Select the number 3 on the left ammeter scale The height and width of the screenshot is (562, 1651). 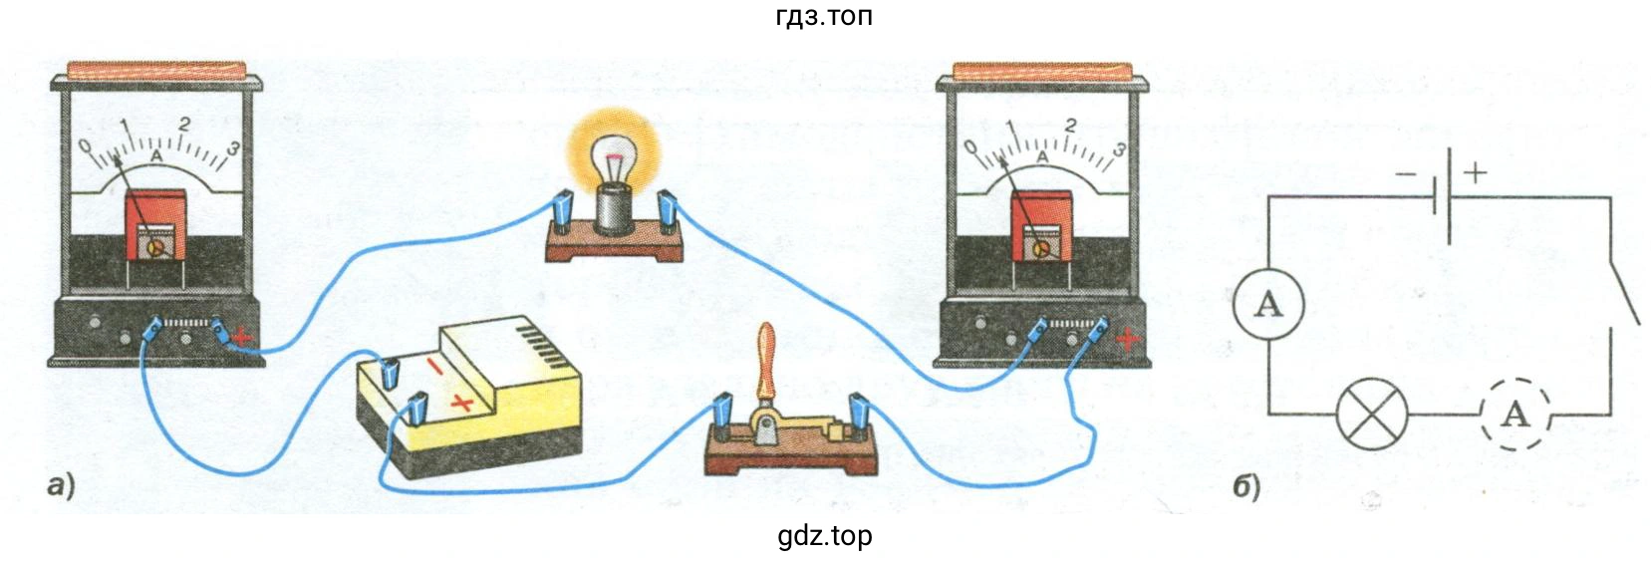(233, 148)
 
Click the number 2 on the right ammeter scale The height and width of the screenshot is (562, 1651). (1070, 126)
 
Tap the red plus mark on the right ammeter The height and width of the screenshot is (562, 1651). (1128, 341)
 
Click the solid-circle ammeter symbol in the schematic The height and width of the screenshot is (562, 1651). (1268, 304)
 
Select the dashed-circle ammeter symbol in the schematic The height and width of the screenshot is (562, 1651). (1514, 413)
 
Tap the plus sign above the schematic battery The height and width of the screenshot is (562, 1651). (1475, 172)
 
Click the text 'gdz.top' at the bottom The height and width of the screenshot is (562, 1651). (824, 536)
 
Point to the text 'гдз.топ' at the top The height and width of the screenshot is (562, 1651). (824, 17)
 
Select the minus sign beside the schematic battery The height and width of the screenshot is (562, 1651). (1406, 174)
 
